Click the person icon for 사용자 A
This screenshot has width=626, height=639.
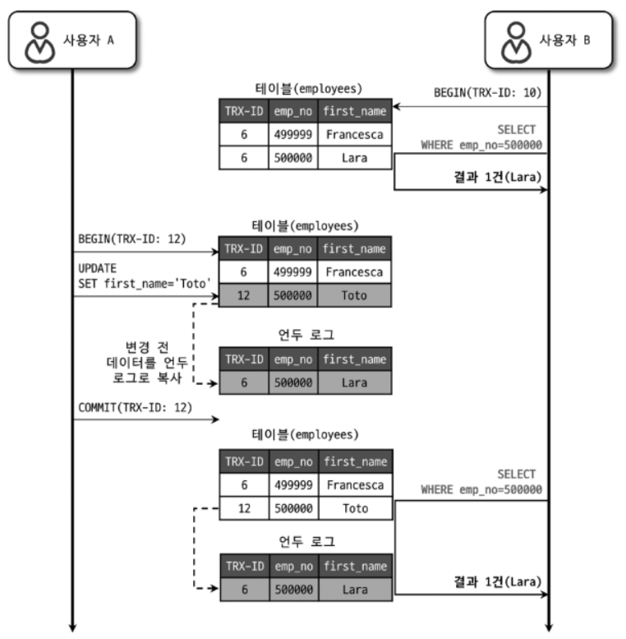(x=40, y=43)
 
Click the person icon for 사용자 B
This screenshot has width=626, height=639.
(x=516, y=43)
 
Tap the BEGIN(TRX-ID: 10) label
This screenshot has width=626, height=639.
(x=488, y=93)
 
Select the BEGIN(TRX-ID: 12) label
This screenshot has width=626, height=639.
(x=132, y=238)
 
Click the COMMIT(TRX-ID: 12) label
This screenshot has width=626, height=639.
(x=135, y=408)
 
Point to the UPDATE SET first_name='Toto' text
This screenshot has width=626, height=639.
(x=145, y=276)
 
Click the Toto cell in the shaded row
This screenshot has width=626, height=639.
(x=354, y=295)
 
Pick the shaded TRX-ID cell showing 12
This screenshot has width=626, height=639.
(x=243, y=295)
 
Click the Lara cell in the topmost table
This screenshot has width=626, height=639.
(x=355, y=158)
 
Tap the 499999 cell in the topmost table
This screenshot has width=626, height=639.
(x=293, y=135)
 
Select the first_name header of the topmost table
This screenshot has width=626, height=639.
(x=355, y=111)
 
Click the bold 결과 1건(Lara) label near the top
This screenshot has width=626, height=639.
(x=497, y=178)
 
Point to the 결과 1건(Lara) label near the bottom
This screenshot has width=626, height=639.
(x=497, y=581)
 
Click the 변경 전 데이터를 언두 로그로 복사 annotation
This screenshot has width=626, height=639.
(x=146, y=363)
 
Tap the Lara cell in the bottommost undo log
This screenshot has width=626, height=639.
(x=356, y=590)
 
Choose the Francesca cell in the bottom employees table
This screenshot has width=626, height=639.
(x=356, y=485)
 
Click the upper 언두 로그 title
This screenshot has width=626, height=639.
(x=306, y=335)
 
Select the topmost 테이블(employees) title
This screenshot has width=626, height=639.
(x=309, y=89)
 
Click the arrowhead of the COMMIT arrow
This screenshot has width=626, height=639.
(x=216, y=419)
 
